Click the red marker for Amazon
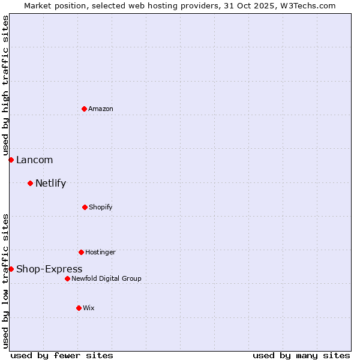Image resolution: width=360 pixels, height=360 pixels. tap(84, 109)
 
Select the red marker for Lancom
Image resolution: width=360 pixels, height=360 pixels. tap(11, 160)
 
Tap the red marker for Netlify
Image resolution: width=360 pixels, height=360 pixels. tap(30, 183)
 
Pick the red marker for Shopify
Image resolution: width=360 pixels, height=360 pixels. tap(85, 207)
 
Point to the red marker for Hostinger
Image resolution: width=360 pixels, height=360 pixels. tap(81, 252)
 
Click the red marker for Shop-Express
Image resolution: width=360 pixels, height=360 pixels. tap(11, 269)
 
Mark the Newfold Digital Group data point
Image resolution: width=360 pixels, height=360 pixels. tap(67, 278)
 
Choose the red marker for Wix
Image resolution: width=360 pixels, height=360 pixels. tap(79, 308)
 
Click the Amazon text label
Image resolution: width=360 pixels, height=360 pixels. tap(101, 109)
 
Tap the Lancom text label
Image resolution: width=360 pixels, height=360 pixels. tap(34, 160)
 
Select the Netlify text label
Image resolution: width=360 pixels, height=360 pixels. tap(50, 183)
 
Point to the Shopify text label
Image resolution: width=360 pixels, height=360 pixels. tap(101, 207)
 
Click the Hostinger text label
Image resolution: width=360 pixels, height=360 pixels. tap(100, 252)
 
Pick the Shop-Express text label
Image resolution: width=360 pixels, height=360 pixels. tap(49, 269)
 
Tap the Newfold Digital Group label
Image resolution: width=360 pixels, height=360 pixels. tap(106, 278)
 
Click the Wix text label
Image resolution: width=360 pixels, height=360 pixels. tap(89, 308)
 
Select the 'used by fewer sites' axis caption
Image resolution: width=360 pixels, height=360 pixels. tap(62, 355)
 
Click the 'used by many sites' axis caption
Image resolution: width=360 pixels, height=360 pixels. tap(301, 355)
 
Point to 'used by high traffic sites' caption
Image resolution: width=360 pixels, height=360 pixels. tap(5, 85)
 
